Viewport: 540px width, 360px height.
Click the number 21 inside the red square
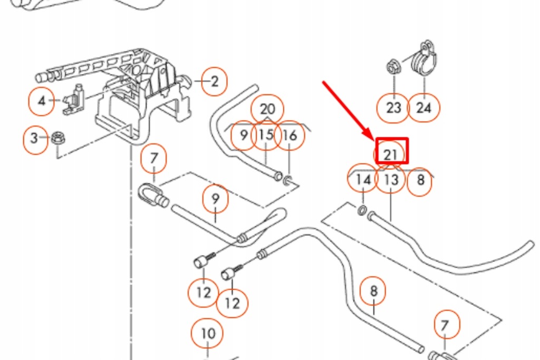[391, 154]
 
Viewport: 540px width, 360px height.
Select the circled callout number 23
[394, 108]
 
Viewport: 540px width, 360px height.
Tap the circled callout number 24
[423, 108]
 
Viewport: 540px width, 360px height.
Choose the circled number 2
[214, 82]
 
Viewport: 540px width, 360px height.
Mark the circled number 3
[35, 139]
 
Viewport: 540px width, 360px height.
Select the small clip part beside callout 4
[74, 100]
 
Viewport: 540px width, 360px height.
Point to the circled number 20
[267, 109]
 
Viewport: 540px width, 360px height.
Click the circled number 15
[266, 135]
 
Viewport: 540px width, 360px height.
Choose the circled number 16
[290, 135]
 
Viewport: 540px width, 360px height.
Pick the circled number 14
[363, 180]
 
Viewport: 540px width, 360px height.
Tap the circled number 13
[391, 180]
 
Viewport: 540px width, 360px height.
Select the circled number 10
[208, 333]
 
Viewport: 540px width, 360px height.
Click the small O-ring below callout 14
[362, 211]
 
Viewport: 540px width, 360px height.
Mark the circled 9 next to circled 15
[243, 135]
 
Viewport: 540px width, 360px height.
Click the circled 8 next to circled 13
[420, 180]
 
